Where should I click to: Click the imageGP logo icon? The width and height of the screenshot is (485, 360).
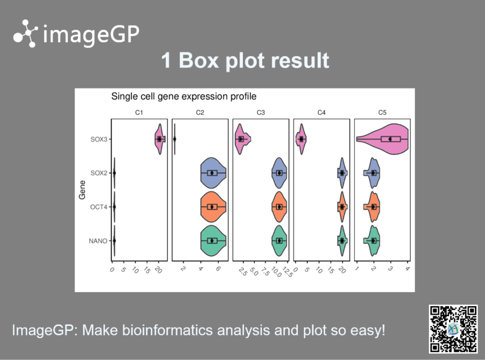tap(25, 33)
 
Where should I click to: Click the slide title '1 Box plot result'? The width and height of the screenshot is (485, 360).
tap(245, 60)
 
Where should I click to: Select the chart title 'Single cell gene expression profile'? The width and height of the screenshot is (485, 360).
tap(184, 97)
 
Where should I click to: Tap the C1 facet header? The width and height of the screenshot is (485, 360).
tap(139, 113)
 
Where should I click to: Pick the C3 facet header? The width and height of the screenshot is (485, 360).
tap(261, 113)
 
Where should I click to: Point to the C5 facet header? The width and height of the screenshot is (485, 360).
tap(382, 113)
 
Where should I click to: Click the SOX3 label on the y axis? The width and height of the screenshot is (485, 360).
tap(99, 140)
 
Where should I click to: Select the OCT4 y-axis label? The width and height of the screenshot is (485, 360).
tap(99, 207)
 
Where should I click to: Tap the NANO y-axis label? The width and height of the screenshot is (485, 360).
tap(98, 241)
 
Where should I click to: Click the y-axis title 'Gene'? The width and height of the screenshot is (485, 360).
tap(82, 190)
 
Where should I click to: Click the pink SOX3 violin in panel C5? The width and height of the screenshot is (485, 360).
tap(383, 139)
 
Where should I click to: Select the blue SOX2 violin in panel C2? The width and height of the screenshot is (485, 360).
tap(213, 173)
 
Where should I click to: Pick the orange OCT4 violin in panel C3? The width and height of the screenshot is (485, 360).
tap(279, 207)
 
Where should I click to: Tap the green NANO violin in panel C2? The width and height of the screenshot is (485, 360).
tap(213, 241)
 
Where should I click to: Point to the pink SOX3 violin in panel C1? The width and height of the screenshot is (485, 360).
tap(160, 139)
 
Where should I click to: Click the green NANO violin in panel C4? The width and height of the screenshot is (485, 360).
tap(342, 241)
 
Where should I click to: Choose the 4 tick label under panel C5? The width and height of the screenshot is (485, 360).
tap(408, 269)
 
